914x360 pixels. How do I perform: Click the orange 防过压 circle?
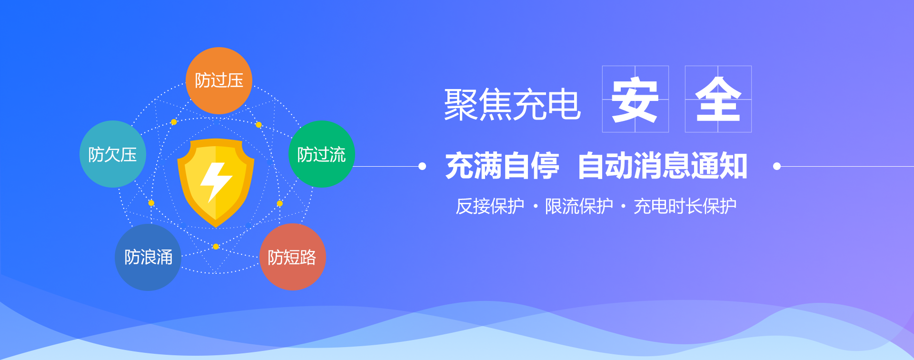click(x=219, y=80)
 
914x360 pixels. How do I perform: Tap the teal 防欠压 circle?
click(x=113, y=154)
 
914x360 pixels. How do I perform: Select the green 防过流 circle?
click(x=322, y=154)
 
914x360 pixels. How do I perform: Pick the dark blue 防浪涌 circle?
click(x=148, y=257)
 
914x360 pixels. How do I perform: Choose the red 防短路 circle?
click(x=293, y=257)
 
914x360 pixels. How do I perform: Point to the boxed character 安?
click(x=635, y=99)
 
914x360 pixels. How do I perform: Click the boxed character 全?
click(x=718, y=99)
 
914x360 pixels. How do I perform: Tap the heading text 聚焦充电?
click(x=512, y=104)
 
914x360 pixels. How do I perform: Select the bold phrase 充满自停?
click(x=502, y=166)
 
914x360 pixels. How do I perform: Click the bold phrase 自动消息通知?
click(x=662, y=166)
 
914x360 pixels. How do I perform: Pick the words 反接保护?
click(x=490, y=206)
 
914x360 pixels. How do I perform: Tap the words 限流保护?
click(x=579, y=206)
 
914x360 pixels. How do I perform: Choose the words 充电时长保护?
click(x=685, y=206)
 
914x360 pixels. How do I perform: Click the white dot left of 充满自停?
click(x=422, y=166)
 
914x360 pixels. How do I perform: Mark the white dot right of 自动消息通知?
click(x=777, y=166)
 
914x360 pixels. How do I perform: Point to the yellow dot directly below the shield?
click(x=216, y=247)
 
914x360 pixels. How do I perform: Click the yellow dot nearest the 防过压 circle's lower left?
click(x=174, y=122)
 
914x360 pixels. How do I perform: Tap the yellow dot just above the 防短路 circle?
click(x=280, y=204)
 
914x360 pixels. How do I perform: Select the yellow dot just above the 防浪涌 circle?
click(x=151, y=203)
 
